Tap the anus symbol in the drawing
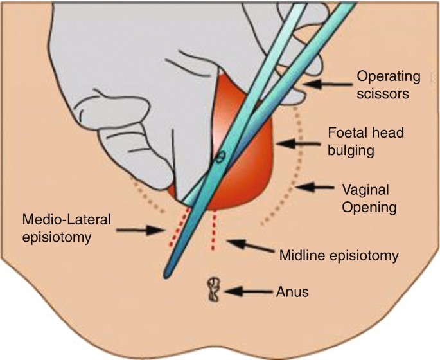click(x=213, y=290)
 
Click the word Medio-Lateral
click(x=66, y=219)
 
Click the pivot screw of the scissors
click(x=220, y=156)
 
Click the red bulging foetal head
click(x=251, y=161)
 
